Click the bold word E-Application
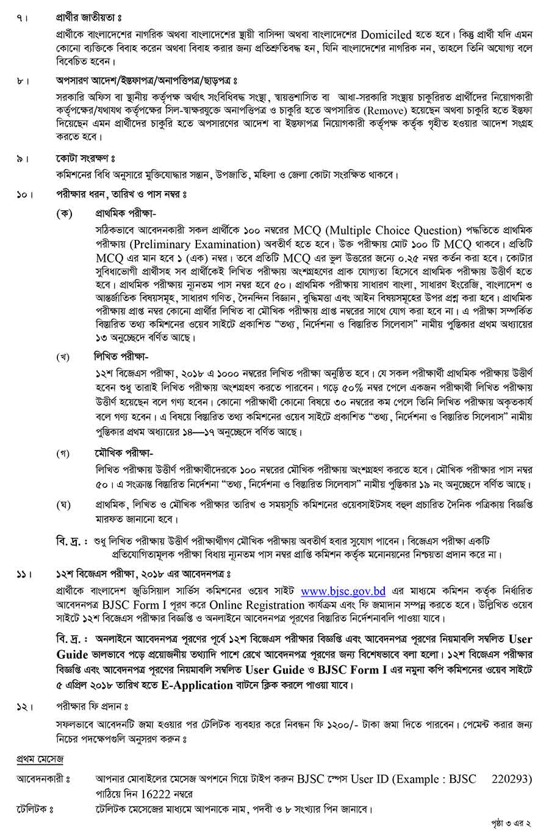click(x=197, y=685)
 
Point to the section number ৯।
click(x=23, y=159)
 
